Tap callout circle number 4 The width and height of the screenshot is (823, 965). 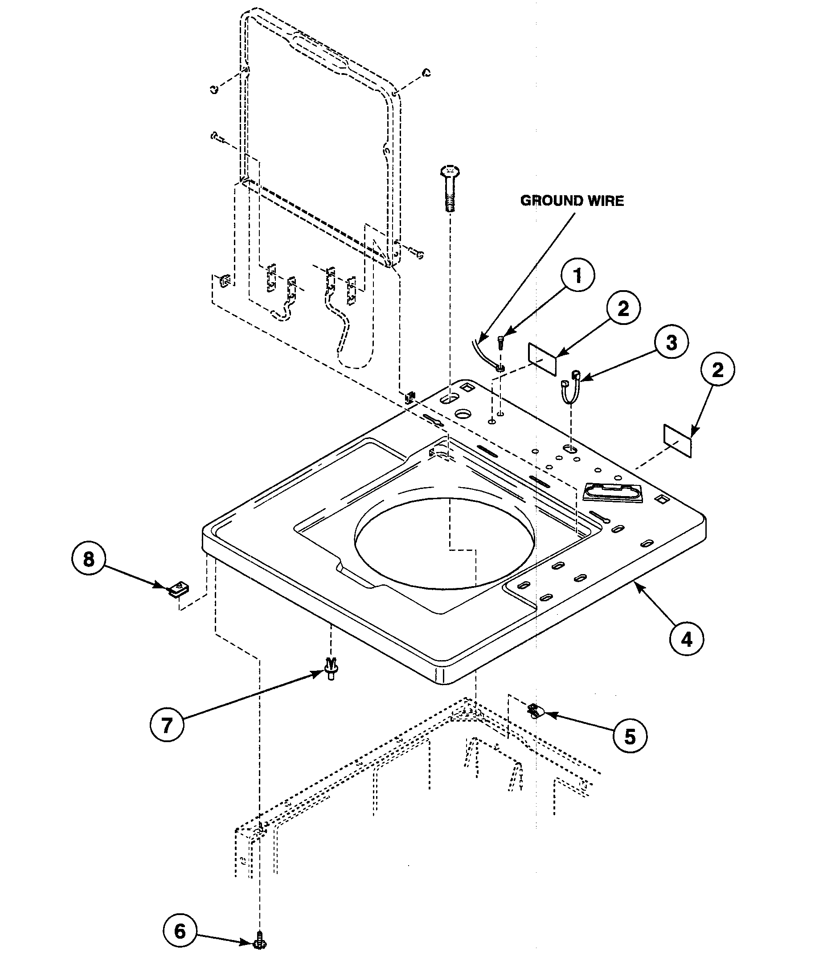point(687,640)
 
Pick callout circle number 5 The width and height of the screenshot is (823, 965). point(629,736)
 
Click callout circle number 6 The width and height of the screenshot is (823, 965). point(180,931)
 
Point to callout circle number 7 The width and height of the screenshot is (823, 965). point(167,725)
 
